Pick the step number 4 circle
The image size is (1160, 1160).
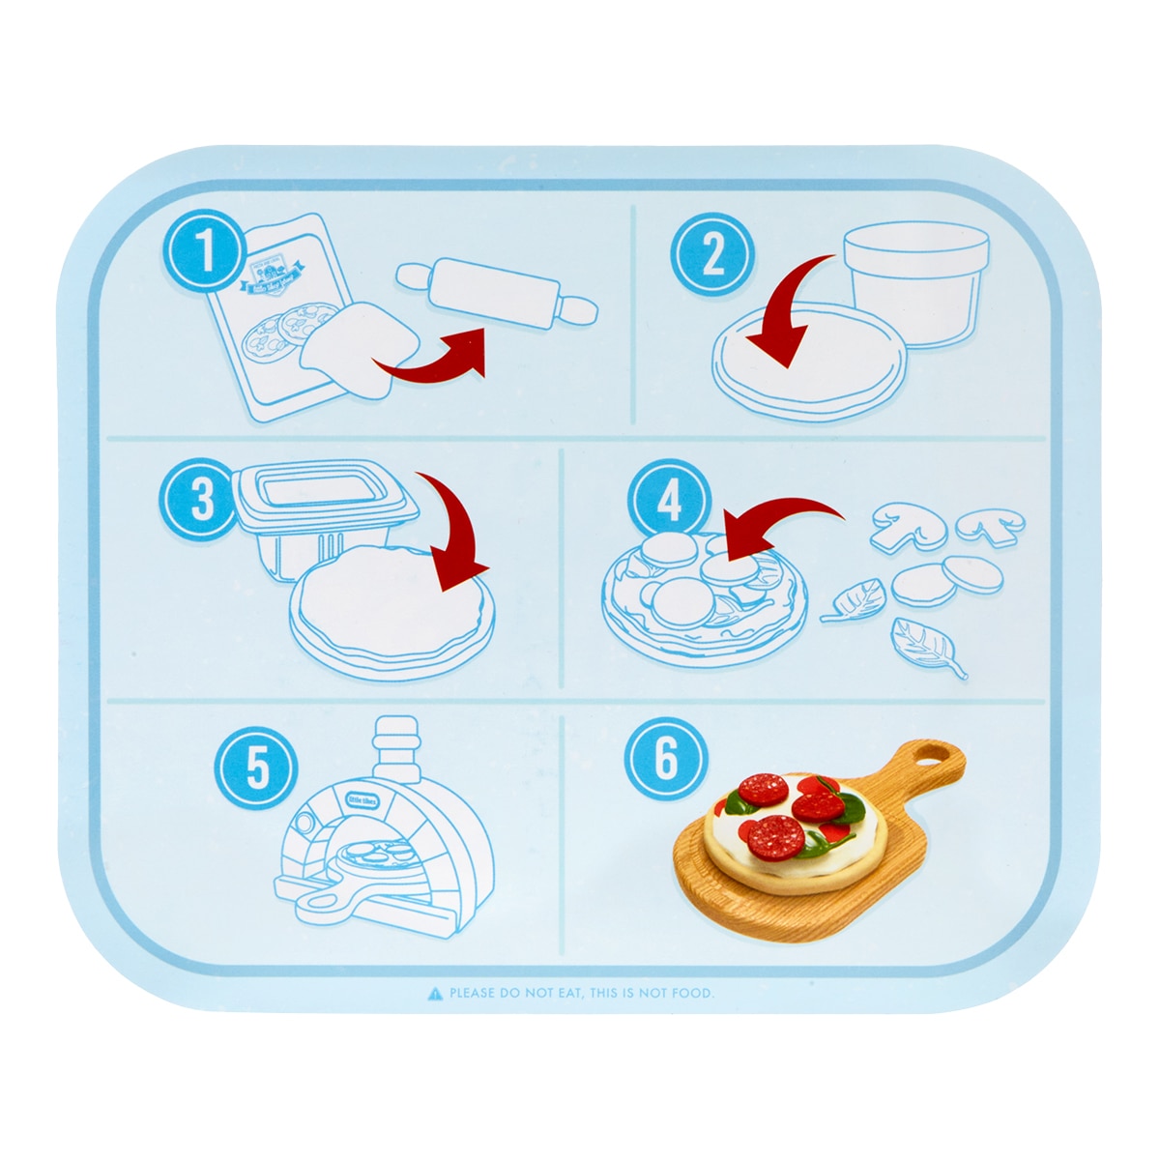668,502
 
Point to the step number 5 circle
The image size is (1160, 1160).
255,768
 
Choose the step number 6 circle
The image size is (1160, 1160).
666,758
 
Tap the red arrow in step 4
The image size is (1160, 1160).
773,527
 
